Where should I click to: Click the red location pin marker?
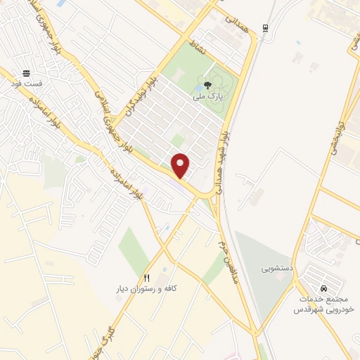point(181,165)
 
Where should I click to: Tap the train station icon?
point(265,28)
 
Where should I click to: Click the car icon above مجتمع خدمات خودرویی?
point(323,288)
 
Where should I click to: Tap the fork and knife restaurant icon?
point(147,278)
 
